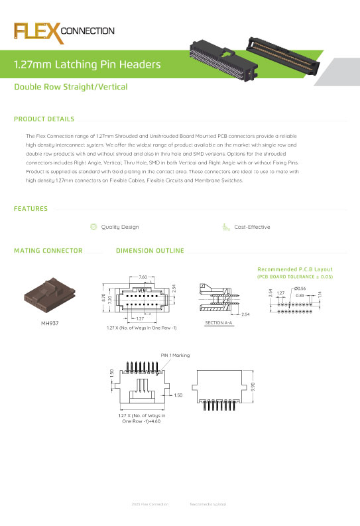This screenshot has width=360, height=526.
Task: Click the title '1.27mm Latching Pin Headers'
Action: (88, 65)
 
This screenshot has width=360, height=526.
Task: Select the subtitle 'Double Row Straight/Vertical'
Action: (71, 87)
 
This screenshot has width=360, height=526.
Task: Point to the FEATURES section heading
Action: (30, 209)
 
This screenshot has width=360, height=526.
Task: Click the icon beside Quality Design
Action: (93, 227)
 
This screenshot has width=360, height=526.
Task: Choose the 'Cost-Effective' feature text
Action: (252, 227)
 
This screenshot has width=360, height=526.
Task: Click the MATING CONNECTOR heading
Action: (48, 251)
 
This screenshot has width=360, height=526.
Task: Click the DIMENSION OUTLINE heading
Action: (149, 251)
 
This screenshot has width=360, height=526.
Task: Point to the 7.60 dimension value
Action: (143, 277)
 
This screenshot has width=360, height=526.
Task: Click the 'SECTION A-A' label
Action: (217, 322)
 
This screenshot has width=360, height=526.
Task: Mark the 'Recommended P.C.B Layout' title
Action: (294, 269)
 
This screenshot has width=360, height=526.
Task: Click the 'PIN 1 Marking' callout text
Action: (175, 356)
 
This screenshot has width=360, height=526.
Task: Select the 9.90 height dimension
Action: (253, 386)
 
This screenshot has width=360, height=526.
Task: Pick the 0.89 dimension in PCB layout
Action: (300, 295)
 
